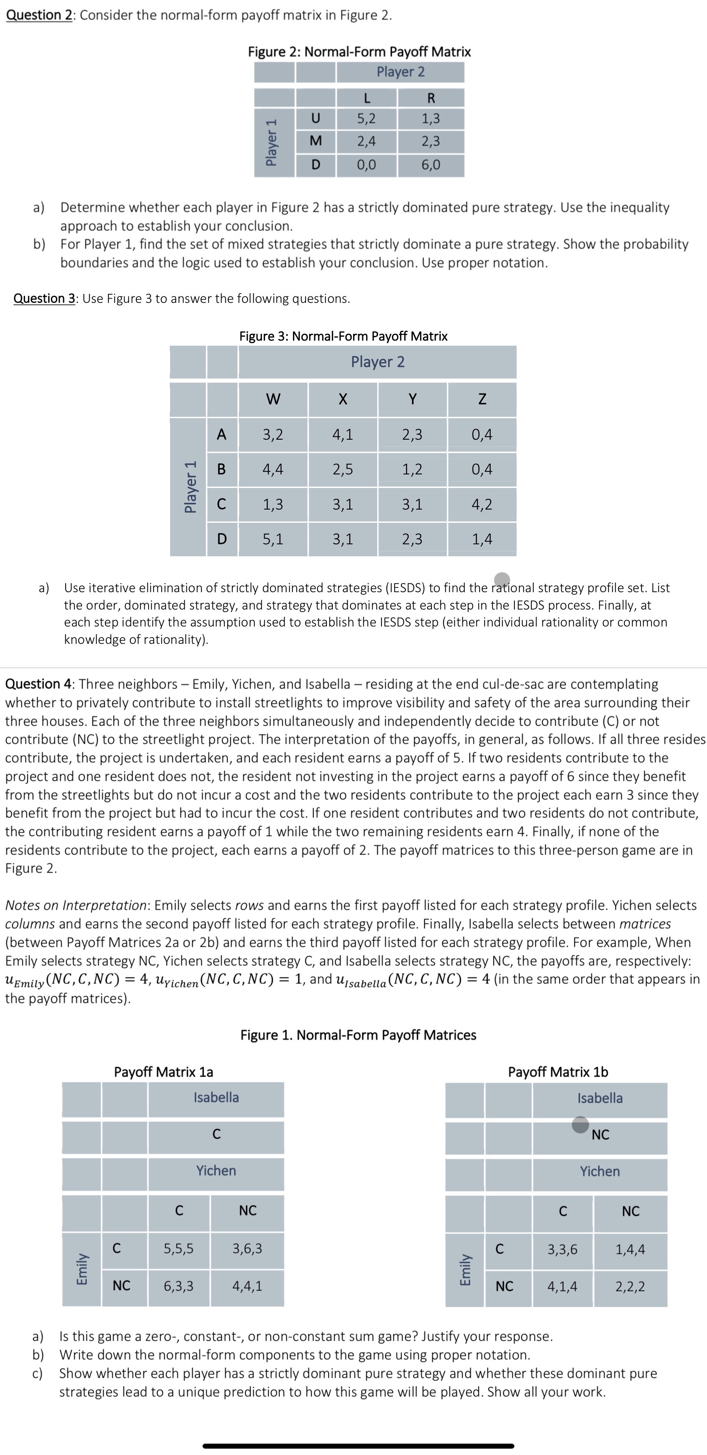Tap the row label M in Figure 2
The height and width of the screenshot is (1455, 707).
coord(316,141)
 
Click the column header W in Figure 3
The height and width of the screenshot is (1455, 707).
coord(273,399)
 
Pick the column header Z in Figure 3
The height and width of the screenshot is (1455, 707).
coord(482,399)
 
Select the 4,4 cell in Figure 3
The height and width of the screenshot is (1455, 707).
coord(273,469)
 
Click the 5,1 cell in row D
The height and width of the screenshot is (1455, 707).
coord(273,539)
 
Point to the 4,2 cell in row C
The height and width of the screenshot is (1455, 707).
coord(482,504)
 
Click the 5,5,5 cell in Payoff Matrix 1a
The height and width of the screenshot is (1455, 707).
coord(179,1249)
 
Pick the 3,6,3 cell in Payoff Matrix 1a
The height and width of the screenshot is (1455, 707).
coord(247,1249)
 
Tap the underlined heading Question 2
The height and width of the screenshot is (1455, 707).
coord(39,15)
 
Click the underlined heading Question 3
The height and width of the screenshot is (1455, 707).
coord(44,298)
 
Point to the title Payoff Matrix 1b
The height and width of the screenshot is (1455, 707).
coord(558,1072)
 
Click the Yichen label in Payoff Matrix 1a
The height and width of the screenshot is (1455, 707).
coord(216,1171)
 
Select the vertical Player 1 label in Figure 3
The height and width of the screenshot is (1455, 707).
coord(191,486)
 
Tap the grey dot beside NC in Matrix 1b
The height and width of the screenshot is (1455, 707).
coord(580,1125)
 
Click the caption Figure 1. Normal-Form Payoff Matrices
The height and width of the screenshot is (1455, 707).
coord(358,1035)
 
